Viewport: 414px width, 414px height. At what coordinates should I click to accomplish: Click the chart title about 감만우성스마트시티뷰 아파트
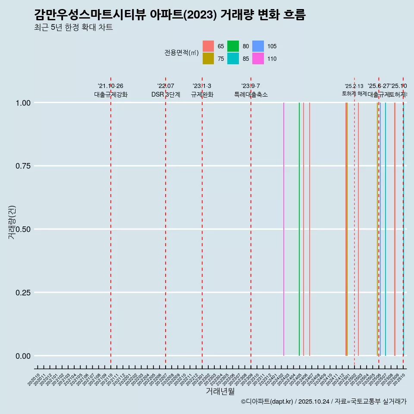pyautogui.click(x=169, y=15)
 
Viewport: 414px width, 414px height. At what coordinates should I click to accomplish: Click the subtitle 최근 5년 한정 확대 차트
pyautogui.click(x=73, y=28)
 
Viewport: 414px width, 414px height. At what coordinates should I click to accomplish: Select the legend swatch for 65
pyautogui.click(x=208, y=46)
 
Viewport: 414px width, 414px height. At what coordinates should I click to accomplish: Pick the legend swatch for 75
pyautogui.click(x=208, y=59)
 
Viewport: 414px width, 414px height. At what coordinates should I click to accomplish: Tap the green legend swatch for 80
pyautogui.click(x=233, y=46)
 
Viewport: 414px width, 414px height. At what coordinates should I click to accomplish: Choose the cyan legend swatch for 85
pyautogui.click(x=233, y=59)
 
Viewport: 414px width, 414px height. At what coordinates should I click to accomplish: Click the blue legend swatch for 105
pyautogui.click(x=258, y=46)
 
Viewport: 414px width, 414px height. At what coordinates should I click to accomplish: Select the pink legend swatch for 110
pyautogui.click(x=258, y=59)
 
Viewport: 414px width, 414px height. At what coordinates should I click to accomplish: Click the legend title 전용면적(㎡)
pyautogui.click(x=181, y=53)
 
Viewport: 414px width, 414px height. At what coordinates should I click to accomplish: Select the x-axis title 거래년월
pyautogui.click(x=220, y=392)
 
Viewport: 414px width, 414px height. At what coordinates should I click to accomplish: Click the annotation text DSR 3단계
pyautogui.click(x=166, y=94)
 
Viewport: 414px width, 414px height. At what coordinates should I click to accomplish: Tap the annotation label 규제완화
pyautogui.click(x=202, y=94)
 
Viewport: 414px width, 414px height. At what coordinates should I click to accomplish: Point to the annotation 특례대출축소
pyautogui.click(x=251, y=94)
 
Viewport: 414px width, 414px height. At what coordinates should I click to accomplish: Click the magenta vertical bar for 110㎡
pyautogui.click(x=284, y=229)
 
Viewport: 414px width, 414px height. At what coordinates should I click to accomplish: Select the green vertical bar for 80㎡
pyautogui.click(x=299, y=229)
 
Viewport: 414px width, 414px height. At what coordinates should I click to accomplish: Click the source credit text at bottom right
pyautogui.click(x=323, y=401)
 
